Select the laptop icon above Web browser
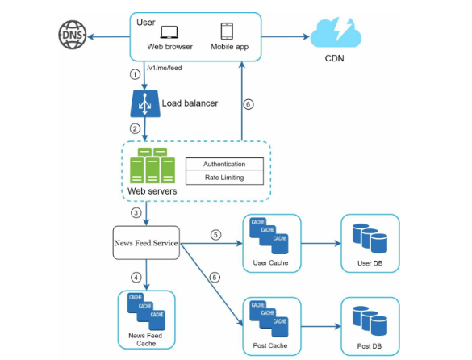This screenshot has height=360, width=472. click(169, 32)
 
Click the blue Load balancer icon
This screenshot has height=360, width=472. click(145, 103)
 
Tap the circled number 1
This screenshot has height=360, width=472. click(136, 74)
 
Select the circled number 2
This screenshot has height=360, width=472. click(136, 128)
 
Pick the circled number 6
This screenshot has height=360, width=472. click(249, 104)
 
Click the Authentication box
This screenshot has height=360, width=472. click(223, 164)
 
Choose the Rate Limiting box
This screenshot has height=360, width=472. click(223, 178)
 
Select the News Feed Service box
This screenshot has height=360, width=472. click(145, 242)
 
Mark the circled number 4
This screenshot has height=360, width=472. click(136, 277)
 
